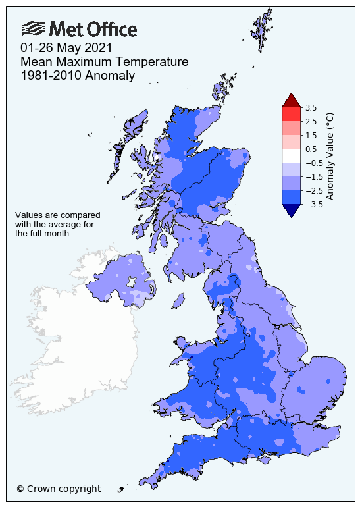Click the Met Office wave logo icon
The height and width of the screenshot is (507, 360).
[x=34, y=28]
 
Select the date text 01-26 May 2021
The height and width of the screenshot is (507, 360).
[x=66, y=48]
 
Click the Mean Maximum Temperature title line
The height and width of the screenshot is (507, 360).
[x=105, y=62]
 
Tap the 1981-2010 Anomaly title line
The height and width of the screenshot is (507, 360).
[x=78, y=76]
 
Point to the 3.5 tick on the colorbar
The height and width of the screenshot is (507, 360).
[x=311, y=107]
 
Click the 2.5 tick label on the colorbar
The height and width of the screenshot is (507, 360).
[x=311, y=121]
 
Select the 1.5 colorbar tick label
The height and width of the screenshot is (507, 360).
[x=311, y=135]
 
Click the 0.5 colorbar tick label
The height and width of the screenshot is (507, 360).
[x=311, y=149]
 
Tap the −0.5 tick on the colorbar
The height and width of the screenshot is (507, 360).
[x=312, y=163]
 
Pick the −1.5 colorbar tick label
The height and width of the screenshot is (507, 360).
[x=312, y=176]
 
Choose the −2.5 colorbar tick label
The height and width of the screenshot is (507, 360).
[x=312, y=190]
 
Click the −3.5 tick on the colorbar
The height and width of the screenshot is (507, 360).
[x=312, y=204]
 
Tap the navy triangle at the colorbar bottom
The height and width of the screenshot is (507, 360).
[x=291, y=210]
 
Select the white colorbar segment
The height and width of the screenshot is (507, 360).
[x=291, y=155]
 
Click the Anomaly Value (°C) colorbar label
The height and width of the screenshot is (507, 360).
[x=330, y=155]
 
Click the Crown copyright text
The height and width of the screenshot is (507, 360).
[x=59, y=489]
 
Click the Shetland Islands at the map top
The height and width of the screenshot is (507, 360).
[x=261, y=30]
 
